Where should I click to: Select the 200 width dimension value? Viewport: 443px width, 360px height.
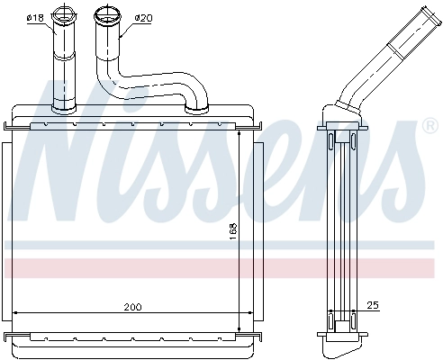[131, 307]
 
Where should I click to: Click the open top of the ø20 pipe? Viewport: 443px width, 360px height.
[105, 13]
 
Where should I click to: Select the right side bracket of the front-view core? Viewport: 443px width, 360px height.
[257, 224]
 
